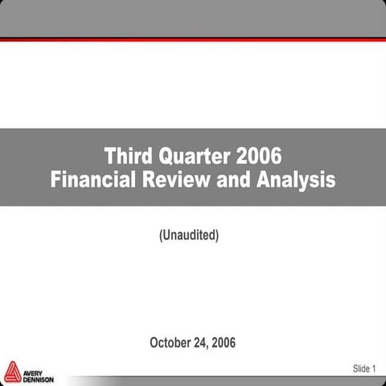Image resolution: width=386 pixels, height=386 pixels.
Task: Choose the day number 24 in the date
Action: point(207,343)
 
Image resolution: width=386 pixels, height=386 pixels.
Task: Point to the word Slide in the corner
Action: point(359,368)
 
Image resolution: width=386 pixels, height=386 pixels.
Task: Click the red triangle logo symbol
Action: point(13,372)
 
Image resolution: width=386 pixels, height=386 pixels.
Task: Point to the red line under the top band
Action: point(193,39)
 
